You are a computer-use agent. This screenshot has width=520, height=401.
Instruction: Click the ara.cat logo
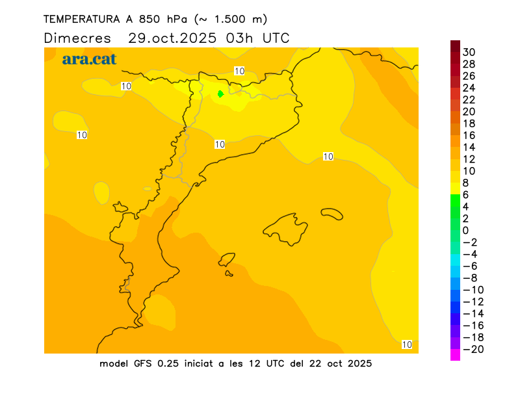89,59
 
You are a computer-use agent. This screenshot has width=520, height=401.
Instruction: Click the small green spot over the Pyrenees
220,94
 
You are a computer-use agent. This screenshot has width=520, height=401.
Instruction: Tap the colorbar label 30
469,52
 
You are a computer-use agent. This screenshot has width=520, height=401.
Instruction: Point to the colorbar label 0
465,230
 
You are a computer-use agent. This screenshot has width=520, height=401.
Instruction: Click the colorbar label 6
465,194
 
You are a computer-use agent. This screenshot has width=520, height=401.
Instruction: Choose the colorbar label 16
469,135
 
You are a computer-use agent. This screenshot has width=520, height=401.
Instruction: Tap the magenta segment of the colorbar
455,355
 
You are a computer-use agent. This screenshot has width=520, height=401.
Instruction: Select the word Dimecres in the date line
77,38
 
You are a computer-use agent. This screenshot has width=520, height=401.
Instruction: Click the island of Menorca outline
332,213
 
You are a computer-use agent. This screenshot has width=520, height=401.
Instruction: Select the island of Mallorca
286,229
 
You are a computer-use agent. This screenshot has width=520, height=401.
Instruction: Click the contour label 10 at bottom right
408,344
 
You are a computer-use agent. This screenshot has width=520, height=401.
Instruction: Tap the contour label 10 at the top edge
239,71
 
